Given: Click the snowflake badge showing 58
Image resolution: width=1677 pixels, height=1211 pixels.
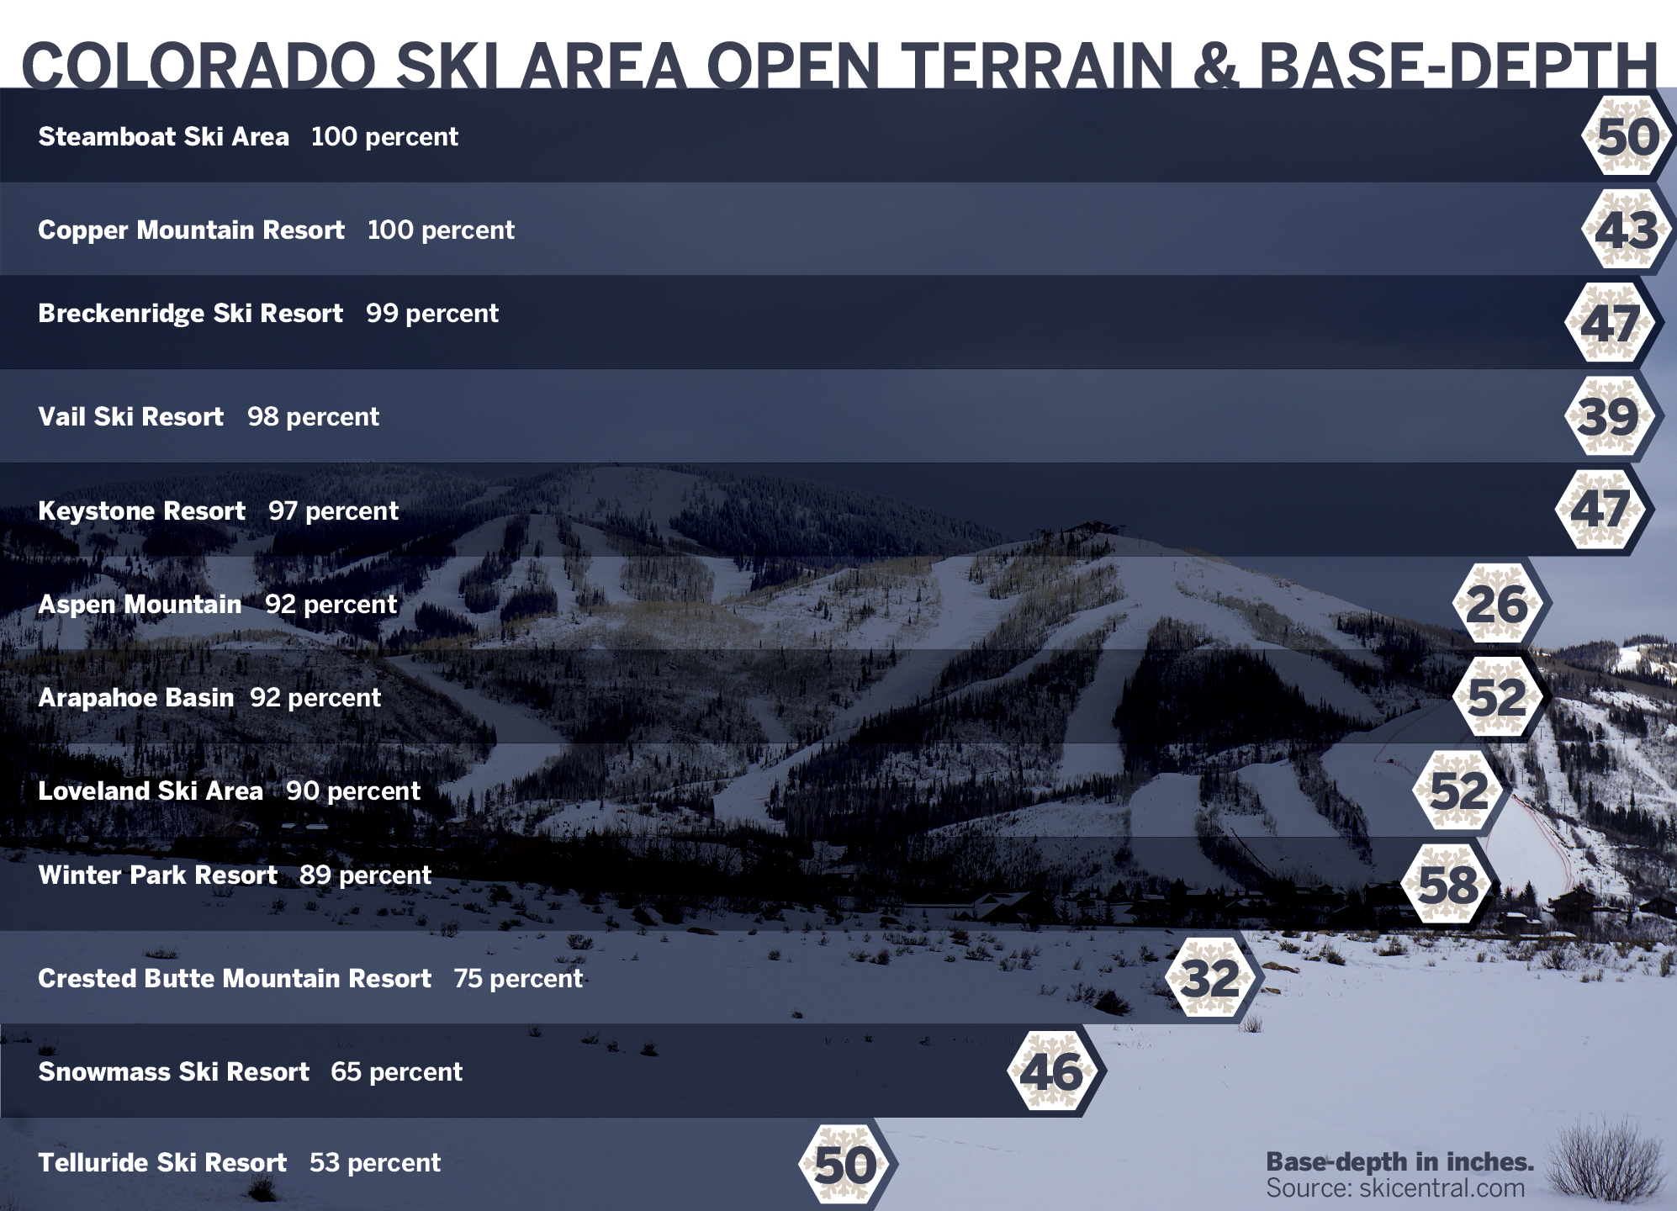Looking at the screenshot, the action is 1448,884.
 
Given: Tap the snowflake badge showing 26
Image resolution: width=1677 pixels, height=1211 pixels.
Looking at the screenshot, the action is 1497,604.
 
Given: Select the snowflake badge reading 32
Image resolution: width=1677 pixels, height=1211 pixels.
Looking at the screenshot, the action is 1211,977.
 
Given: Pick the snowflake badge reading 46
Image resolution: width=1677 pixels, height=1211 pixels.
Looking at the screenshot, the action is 1053,1071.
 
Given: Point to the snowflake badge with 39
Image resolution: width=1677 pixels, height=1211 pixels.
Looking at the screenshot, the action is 1609,416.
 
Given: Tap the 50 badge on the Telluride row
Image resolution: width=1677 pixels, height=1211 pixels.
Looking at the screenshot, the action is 845,1165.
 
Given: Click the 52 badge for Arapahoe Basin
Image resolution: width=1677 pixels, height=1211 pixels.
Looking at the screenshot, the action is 1497,697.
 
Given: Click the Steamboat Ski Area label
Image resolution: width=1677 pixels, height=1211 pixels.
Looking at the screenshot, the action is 164,136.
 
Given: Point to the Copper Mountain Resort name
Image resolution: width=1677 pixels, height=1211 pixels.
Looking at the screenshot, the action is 192,230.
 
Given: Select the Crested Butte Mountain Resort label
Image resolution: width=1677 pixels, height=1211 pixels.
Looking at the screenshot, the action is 235,978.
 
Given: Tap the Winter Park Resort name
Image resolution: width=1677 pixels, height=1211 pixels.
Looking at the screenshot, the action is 158,875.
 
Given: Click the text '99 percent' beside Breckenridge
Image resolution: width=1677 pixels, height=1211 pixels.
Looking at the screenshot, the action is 432,314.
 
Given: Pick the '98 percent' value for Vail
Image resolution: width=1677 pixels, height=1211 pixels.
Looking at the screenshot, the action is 314,417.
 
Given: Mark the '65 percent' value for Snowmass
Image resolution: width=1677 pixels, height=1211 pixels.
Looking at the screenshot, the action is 397,1071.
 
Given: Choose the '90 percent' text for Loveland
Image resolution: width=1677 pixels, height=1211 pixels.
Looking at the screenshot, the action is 353,791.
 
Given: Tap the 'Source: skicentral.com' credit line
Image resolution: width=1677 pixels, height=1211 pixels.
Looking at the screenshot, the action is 1396,1187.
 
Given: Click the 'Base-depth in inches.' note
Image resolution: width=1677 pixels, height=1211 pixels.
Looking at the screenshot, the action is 1400,1161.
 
